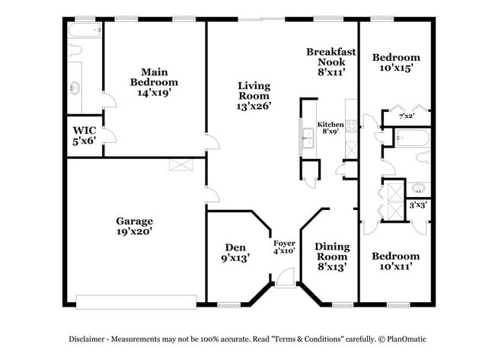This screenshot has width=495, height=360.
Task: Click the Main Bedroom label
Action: coord(154,81)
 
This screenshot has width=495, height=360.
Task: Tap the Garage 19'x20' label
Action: coord(134,226)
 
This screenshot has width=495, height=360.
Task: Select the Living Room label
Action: coord(254,96)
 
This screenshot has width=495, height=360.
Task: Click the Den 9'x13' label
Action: coord(233,253)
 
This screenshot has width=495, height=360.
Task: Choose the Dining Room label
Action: coord(332,256)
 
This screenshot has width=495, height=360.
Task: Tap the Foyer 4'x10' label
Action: coord(284,247)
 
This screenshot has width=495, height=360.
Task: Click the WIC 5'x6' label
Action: coord(85,135)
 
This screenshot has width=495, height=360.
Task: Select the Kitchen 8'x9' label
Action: coord(331,128)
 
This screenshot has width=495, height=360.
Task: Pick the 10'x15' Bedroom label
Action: coord(395,62)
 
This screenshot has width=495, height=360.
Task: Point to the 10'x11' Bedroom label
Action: coord(395,262)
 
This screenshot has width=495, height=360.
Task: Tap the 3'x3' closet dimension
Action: coord(418,205)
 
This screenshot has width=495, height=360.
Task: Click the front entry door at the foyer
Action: coord(286,283)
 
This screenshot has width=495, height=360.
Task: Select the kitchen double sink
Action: coord(308,139)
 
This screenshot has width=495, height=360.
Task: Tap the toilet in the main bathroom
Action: coord(75,51)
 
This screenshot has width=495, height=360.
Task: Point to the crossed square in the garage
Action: coord(177,165)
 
